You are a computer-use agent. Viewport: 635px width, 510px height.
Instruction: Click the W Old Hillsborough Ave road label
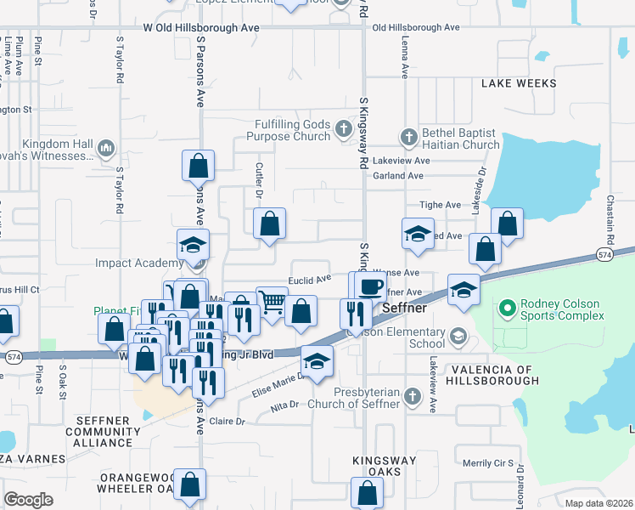click(201, 28)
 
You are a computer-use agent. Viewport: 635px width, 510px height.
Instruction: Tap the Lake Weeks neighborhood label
click(519, 83)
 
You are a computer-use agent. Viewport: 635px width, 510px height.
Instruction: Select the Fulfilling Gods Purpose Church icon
click(343, 130)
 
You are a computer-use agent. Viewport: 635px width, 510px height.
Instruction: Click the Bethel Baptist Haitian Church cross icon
click(408, 137)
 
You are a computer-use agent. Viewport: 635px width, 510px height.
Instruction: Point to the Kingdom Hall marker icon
click(106, 149)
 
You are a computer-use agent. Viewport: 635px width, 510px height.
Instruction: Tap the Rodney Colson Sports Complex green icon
click(509, 307)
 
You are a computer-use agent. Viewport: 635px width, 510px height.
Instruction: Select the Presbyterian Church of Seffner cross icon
click(412, 396)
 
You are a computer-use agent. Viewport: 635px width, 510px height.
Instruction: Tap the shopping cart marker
click(271, 301)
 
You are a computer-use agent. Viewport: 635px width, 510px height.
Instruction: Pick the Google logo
click(28, 499)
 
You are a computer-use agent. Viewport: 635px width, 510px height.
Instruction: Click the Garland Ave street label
click(403, 176)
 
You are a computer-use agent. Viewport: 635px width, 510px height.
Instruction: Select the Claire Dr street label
click(227, 422)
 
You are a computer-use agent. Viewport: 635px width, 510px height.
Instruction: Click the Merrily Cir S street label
click(488, 464)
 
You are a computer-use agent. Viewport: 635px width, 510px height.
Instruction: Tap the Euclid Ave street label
click(310, 279)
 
